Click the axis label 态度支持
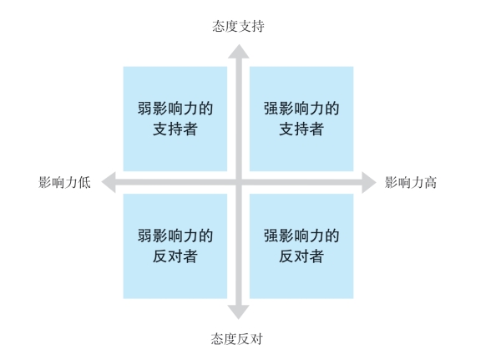coord(238,26)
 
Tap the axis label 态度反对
coord(237,338)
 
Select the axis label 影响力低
coord(64,182)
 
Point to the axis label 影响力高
coord(411,182)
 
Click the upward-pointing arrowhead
coord(239,52)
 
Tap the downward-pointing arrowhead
coord(238,312)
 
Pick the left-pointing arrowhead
coord(109,182)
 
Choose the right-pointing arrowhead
coord(369,182)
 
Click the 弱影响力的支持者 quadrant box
coord(175,119)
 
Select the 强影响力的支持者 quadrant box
coord(301,119)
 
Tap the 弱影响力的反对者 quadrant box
coord(175,246)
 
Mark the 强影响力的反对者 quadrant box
coord(301,246)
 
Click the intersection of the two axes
coord(239,182)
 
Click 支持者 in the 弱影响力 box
coord(175,129)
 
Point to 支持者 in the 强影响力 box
coord(301,129)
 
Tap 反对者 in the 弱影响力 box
coord(175,256)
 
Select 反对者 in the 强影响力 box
coord(301,256)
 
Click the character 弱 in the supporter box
coord(144,109)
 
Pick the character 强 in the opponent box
coord(271,236)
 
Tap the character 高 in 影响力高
coord(431,182)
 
